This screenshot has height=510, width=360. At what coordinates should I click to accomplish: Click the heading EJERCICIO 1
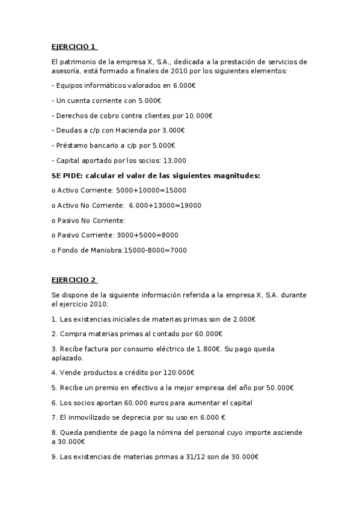pyautogui.click(x=74, y=47)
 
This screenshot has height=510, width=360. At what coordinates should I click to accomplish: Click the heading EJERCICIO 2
pyautogui.click(x=74, y=280)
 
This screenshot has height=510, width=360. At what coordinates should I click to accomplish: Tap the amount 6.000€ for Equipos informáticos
pyautogui.click(x=184, y=86)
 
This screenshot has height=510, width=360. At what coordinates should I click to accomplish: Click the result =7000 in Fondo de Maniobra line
pyautogui.click(x=177, y=250)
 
